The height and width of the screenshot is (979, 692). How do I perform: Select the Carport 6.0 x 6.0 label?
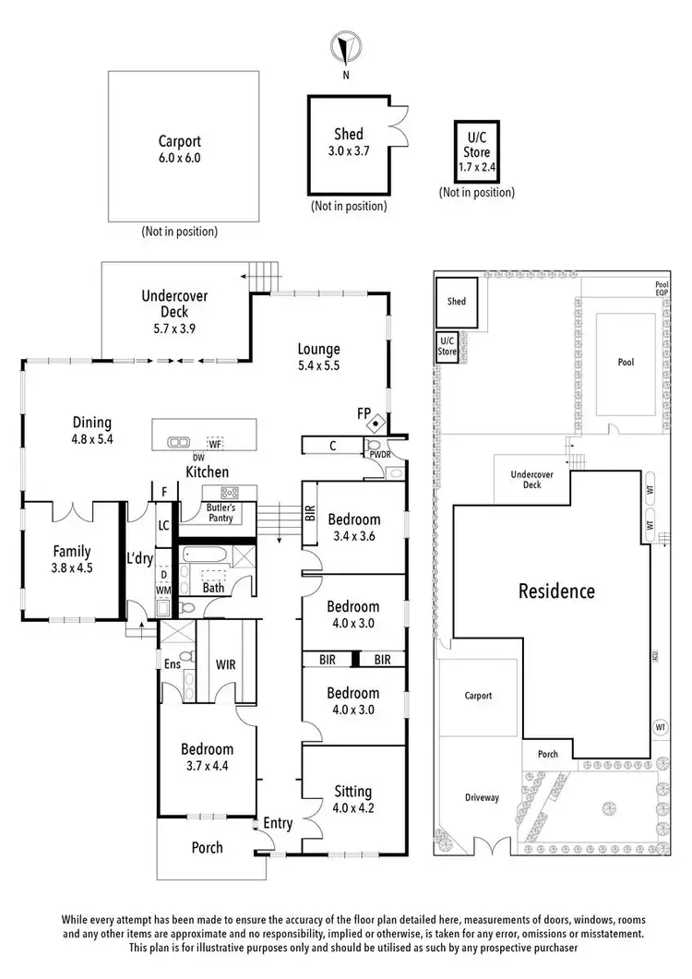178,149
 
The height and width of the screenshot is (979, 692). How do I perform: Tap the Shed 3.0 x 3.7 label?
348,141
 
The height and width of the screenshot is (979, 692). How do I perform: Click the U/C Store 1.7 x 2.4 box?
477,153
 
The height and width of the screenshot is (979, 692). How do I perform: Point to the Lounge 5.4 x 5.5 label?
318,356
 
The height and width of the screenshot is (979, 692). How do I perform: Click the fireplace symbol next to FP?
376,424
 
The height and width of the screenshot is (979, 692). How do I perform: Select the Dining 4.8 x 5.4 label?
92,431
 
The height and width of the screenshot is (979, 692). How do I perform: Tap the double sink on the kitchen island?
178,442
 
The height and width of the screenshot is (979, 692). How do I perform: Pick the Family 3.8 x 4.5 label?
71,559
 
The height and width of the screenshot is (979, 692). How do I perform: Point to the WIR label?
226,663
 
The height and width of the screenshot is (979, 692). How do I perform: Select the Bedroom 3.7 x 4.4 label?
207,758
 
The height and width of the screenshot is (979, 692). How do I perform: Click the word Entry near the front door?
278,823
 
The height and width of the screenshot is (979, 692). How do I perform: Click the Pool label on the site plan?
626,362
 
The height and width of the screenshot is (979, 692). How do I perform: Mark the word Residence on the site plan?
555,591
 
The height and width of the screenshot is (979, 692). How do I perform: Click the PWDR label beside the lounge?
380,455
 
